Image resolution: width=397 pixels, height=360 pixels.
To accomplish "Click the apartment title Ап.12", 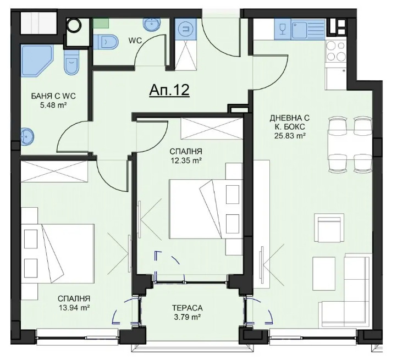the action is click(169, 90).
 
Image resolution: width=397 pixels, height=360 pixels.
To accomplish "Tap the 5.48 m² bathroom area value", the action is click(53, 105).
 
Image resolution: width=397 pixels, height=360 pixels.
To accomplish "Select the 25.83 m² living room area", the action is click(289, 136).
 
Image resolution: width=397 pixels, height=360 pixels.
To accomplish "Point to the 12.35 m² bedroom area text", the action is click(186, 160).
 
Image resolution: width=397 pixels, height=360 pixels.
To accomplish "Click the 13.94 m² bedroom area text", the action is click(74, 308).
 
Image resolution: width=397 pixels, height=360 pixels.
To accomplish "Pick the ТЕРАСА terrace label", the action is click(187, 308).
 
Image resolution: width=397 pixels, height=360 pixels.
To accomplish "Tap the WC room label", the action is click(135, 41).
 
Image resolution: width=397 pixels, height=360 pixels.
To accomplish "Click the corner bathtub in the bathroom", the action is click(37, 60).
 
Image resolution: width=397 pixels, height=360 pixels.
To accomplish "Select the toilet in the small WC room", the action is click(106, 42).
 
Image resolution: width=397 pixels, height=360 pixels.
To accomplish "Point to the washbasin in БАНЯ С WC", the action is click(26, 136).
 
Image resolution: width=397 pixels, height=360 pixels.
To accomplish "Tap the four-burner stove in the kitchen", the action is click(335, 51).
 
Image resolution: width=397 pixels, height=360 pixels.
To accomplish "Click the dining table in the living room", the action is click(350, 145).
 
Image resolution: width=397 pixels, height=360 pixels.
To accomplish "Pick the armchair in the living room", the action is click(329, 228).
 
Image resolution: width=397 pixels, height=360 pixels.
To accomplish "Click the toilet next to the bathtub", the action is click(71, 62).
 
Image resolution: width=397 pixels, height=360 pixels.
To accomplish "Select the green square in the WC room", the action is click(101, 23).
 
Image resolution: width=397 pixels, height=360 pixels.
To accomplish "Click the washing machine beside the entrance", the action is click(186, 29).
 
